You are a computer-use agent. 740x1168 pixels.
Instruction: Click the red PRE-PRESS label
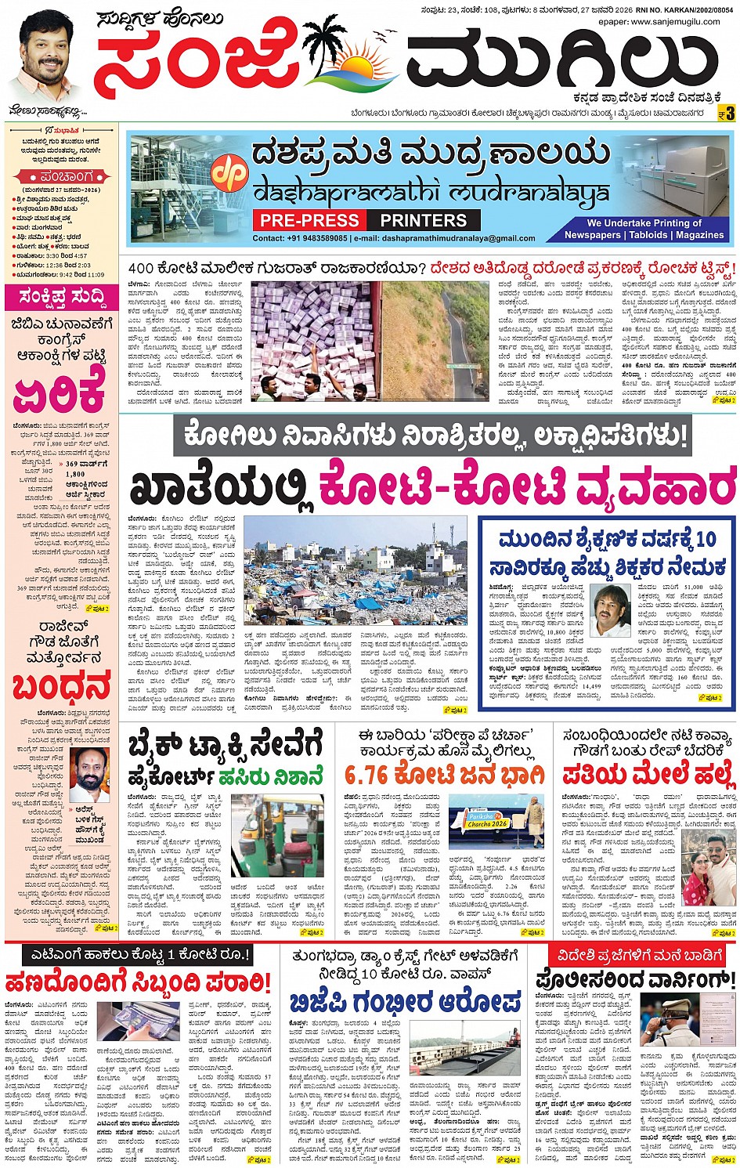(x=310, y=220)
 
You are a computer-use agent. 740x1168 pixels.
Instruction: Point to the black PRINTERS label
(x=423, y=220)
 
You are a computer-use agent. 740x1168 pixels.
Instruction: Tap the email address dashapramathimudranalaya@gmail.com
(x=447, y=238)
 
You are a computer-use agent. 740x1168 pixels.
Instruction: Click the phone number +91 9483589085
(x=301, y=238)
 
